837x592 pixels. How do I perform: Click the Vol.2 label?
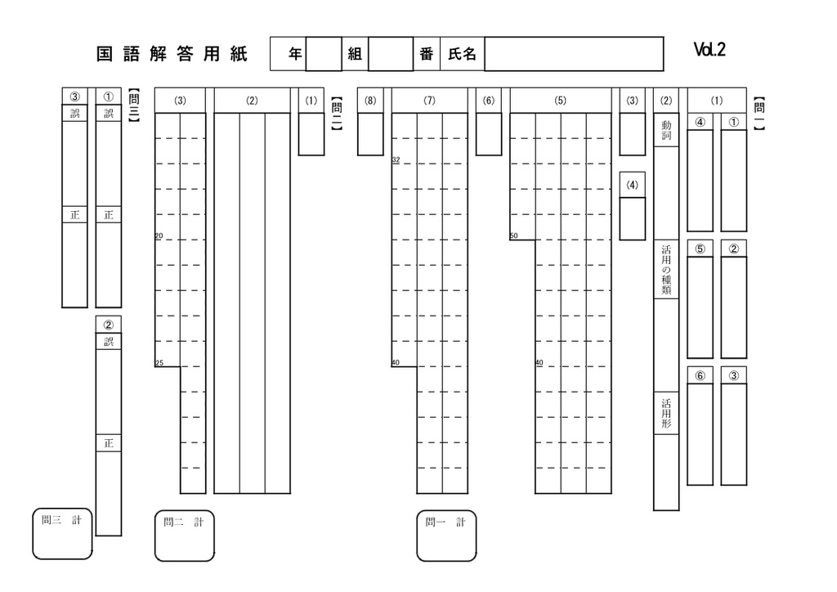tap(709, 50)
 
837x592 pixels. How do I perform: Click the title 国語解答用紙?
tap(172, 54)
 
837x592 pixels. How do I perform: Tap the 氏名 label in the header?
tap(462, 54)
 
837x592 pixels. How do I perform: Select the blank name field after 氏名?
tap(574, 54)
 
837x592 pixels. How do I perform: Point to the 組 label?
tap(355, 54)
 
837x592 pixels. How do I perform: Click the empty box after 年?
tap(324, 54)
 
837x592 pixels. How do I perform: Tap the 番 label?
tap(426, 54)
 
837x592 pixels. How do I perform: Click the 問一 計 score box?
tap(446, 536)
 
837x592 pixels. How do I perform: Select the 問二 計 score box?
tap(185, 536)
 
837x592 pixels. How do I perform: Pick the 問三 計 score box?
tap(62, 534)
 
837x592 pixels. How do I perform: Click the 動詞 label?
tap(666, 130)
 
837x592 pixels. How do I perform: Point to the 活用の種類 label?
tap(666, 270)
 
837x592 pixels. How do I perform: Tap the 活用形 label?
tap(666, 413)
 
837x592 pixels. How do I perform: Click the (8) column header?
tap(370, 101)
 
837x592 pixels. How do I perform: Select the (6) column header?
tap(489, 101)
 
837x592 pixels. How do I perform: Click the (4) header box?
tap(633, 185)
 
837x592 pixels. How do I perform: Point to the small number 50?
tap(513, 235)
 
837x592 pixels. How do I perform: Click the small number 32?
tap(396, 159)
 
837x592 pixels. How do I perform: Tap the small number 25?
tap(159, 363)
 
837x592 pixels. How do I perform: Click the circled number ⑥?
tap(700, 375)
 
